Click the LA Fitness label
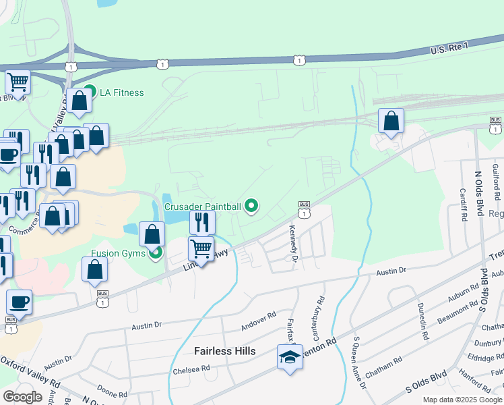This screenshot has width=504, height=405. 121,92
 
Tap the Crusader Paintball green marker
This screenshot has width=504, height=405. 252,206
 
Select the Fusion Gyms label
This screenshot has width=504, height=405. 120,254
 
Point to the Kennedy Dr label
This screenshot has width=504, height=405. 294,244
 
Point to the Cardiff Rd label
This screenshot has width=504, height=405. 464,205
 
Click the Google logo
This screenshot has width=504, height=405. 23,397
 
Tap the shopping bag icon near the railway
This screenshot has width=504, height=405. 391,122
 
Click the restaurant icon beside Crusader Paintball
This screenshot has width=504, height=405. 202,223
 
